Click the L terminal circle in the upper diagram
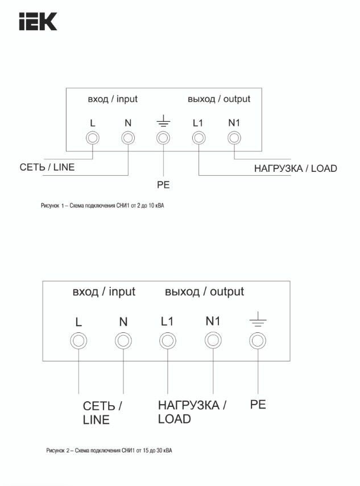coord(93,138)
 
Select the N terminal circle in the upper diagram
coord(128,138)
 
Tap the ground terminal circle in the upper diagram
coord(163,138)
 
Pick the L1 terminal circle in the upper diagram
coord(198,138)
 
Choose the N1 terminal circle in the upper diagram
coord(234,138)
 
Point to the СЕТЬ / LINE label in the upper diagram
coord(47,167)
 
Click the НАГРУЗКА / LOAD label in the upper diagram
coord(295,168)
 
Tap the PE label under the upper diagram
coord(163,185)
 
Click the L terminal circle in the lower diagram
coord(78,341)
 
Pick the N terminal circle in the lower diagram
coord(123,341)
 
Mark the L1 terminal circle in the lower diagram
coord(167,341)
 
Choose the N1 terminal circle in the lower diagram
coord(213,341)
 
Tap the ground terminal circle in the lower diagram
coord(258,341)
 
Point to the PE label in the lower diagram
coord(258,405)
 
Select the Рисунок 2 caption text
coord(109,451)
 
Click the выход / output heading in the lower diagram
coord(204,292)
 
